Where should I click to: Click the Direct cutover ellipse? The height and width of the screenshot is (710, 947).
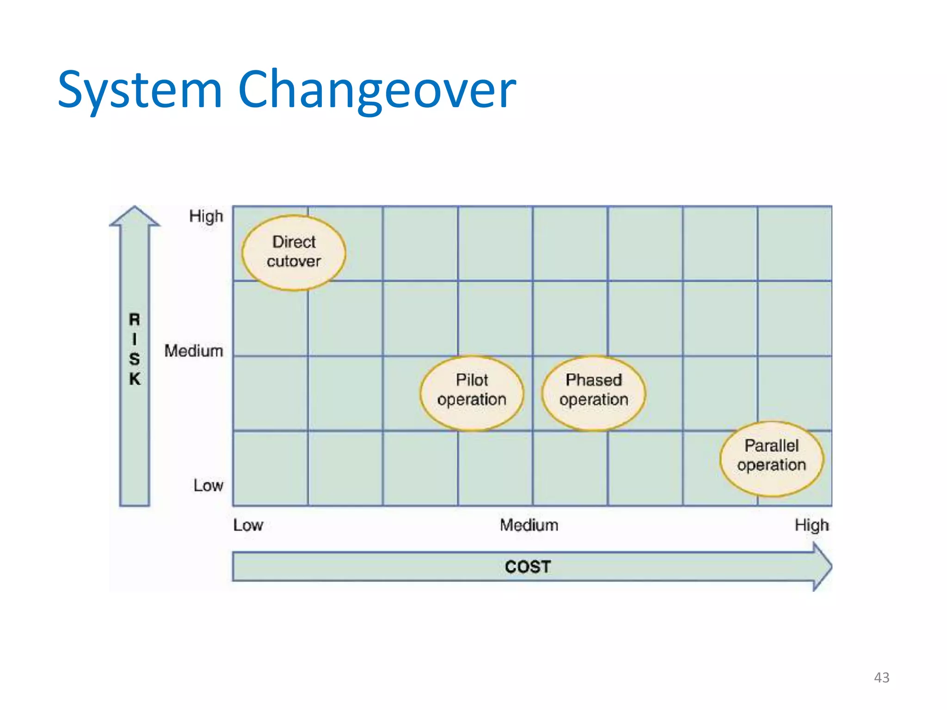[x=294, y=252]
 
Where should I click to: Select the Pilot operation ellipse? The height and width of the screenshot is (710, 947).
[x=472, y=393]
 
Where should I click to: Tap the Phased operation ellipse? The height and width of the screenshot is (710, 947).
[x=594, y=393]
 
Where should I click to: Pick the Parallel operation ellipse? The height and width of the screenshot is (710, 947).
[x=771, y=459]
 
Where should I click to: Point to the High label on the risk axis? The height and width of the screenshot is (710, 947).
[x=206, y=216]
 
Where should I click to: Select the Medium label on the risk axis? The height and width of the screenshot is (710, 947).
[x=194, y=351]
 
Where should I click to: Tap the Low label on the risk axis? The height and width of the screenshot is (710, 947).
[x=208, y=485]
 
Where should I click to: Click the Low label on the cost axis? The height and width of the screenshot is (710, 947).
[x=248, y=525]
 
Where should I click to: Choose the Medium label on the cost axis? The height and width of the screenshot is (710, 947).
[x=529, y=525]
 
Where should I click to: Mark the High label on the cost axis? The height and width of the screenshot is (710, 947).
[x=812, y=525]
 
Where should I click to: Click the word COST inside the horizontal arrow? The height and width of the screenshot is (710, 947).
[x=528, y=567]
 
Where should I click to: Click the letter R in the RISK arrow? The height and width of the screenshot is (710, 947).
[x=135, y=319]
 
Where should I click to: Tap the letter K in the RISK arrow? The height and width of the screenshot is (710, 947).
[x=135, y=379]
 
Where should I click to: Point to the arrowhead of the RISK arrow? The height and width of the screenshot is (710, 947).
[x=135, y=217]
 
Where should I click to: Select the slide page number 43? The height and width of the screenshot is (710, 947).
[x=881, y=678]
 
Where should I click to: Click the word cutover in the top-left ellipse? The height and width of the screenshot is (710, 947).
[x=294, y=262]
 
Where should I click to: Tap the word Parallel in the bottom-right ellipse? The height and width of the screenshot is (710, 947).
[x=771, y=446]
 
